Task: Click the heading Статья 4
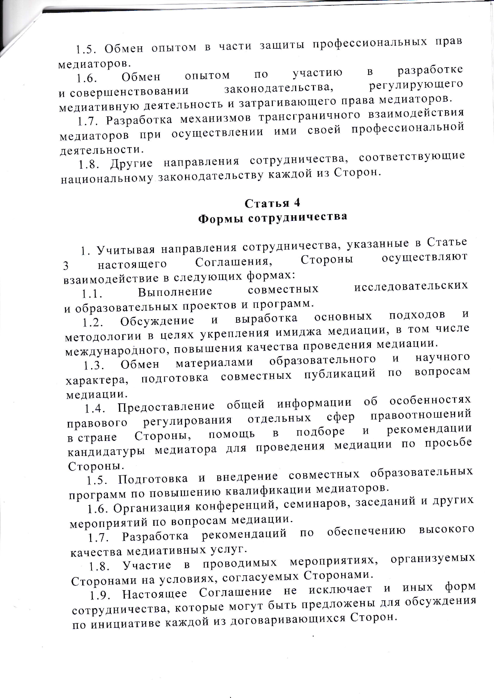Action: pyautogui.click(x=272, y=203)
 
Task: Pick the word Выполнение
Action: pyautogui.click(x=175, y=292)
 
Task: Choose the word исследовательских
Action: pyautogui.click(x=411, y=286)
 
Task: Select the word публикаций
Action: pyautogui.click(x=340, y=373)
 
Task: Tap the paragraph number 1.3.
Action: pyautogui.click(x=94, y=366)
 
